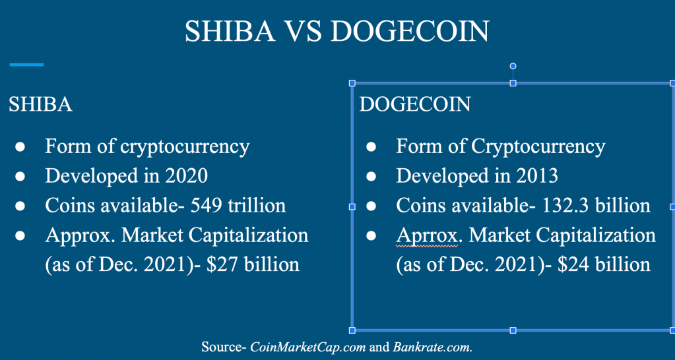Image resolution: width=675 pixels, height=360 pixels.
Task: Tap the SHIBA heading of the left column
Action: [x=40, y=105]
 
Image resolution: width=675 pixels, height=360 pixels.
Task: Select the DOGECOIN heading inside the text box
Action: [x=415, y=105]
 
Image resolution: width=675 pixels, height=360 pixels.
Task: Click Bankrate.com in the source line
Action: [x=432, y=347]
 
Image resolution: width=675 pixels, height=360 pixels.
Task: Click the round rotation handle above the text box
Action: [x=513, y=66]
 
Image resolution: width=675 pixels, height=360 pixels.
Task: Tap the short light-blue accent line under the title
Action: [x=26, y=65]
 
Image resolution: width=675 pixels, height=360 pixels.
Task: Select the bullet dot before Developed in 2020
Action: [x=20, y=176]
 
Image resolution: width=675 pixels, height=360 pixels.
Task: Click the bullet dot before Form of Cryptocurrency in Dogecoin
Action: [x=371, y=147]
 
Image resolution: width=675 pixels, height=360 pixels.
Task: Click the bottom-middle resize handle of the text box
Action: [x=513, y=330]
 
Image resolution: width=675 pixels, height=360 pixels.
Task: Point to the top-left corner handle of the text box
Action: [x=352, y=83]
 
